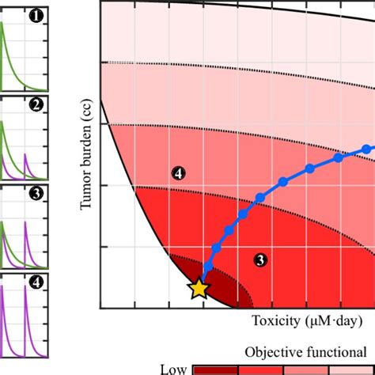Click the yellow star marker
coord(199,289)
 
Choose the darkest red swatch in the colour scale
coord(216,369)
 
